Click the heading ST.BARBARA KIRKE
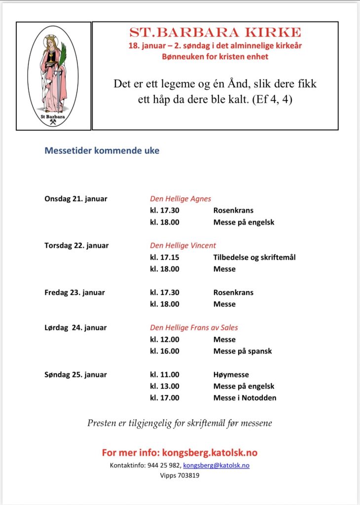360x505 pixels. point(215,33)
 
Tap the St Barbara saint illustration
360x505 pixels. point(53,76)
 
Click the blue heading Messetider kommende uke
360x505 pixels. point(102,151)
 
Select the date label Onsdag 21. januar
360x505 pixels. point(76,199)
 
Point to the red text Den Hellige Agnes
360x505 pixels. point(180,199)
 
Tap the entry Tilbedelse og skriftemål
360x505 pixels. point(254,257)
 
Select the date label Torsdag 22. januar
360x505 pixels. point(76,245)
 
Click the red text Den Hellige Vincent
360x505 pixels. point(183,245)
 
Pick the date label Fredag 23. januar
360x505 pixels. point(74,292)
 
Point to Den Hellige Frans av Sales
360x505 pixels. point(194,327)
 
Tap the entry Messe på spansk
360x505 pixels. point(243,351)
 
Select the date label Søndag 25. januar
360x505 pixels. point(75,374)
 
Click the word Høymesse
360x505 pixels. point(231,374)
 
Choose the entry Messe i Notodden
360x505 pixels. point(245,398)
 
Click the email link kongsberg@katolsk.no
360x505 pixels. point(216,466)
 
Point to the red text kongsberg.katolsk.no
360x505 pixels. point(210,453)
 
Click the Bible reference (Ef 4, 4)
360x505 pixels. point(272,99)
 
